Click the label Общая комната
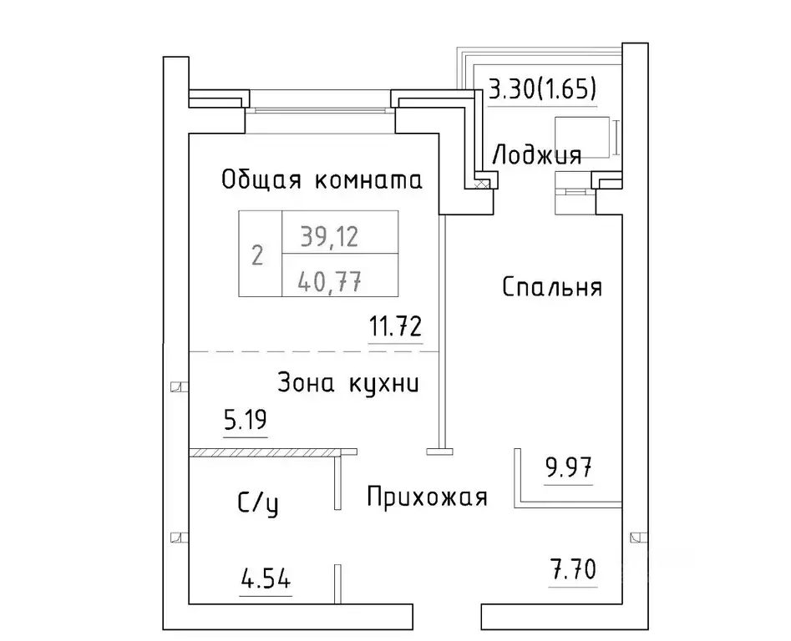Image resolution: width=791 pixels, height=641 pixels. (322, 179)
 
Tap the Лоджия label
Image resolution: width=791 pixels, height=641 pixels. (536, 154)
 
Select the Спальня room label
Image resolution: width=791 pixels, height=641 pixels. (552, 288)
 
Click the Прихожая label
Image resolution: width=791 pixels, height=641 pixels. (427, 498)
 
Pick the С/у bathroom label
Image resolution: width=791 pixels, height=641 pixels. (258, 504)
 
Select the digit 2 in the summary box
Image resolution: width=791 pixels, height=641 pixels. (257, 255)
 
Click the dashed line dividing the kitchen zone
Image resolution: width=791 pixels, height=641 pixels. (313, 352)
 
